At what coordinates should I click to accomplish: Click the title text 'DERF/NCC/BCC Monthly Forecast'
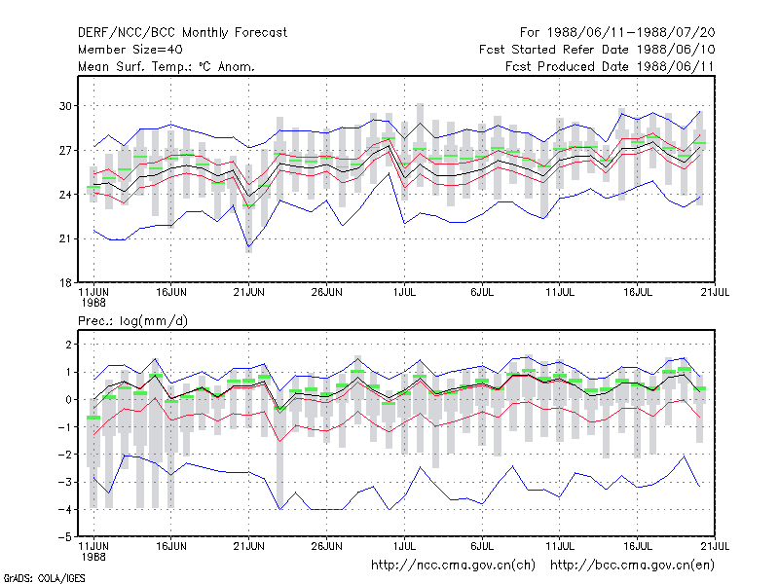pos(182,33)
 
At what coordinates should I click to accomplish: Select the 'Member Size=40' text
pos(130,50)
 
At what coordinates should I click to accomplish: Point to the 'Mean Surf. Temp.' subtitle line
pos(166,66)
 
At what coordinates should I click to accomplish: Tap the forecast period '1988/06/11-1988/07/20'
pos(631,33)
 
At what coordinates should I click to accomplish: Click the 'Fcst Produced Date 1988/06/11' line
pos(611,66)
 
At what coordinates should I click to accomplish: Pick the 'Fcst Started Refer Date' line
pos(597,50)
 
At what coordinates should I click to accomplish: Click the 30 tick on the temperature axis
pos(65,106)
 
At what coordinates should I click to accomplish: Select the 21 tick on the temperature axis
pos(65,238)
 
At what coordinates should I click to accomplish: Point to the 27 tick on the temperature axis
pos(65,150)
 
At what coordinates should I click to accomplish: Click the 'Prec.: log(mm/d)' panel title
pos(132,321)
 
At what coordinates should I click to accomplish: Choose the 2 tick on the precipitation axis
pos(68,345)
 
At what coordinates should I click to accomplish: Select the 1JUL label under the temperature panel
pos(404,293)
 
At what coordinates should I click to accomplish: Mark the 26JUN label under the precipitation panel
pos(326,546)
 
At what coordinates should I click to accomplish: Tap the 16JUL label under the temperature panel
pos(638,293)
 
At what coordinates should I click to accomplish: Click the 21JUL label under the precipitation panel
pos(715,546)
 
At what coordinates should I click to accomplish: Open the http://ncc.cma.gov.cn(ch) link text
pos(453,566)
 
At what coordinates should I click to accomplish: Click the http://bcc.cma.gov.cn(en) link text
pos(632,566)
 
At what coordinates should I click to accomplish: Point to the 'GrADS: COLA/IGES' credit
pos(44,578)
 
